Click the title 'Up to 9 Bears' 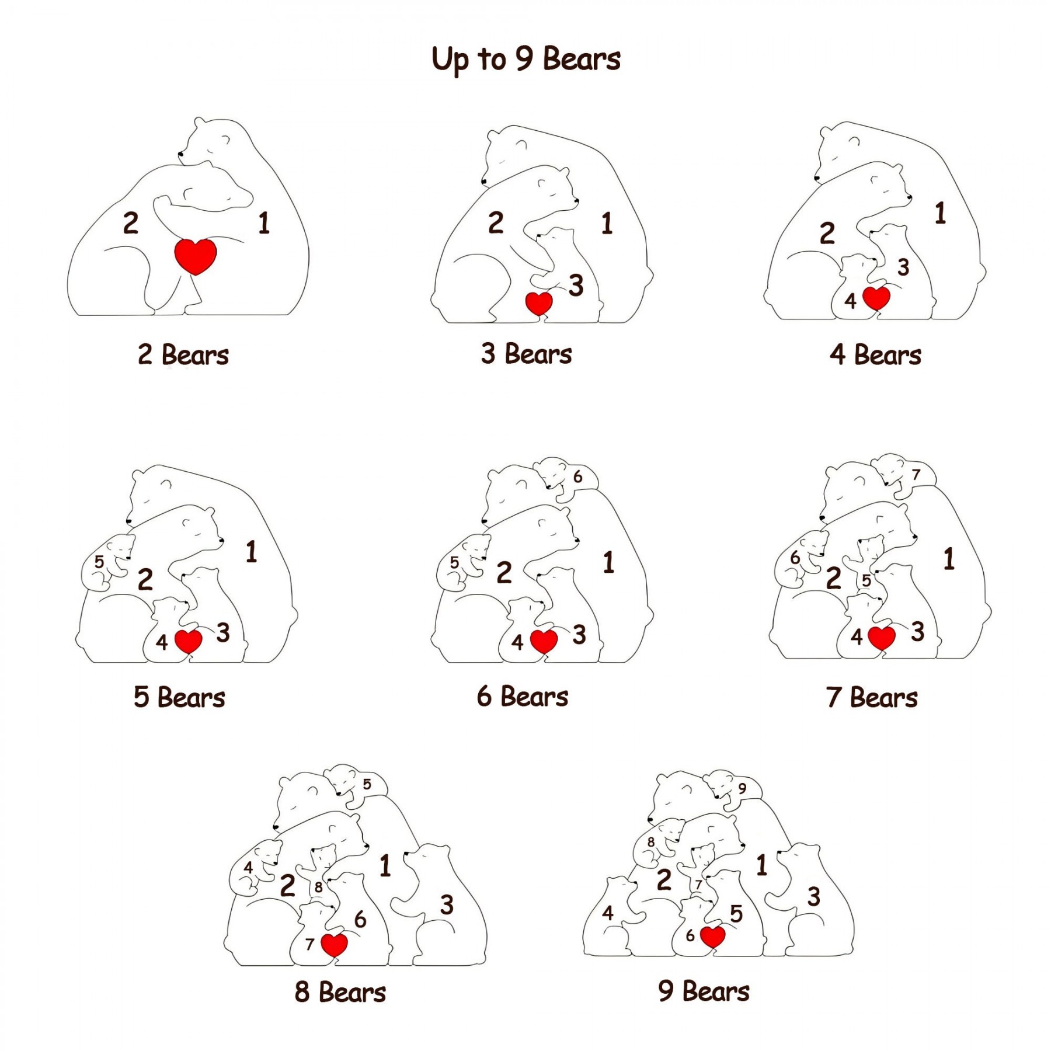point(526,60)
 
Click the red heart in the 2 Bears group point(196,256)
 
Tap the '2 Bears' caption point(183,354)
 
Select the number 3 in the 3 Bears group point(576,286)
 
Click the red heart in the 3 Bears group point(539,303)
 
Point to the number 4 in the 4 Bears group point(851,301)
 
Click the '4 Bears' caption point(875,354)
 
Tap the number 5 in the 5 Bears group point(99,562)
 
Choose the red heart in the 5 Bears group point(189,641)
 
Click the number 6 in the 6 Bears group point(577,476)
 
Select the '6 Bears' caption point(523,697)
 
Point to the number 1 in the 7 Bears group point(949,559)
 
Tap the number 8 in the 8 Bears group point(318,887)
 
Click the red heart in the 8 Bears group point(335,945)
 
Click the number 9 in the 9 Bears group point(742,788)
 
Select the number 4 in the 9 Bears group point(608,913)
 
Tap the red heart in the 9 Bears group point(712,937)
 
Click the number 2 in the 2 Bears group point(131,223)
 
